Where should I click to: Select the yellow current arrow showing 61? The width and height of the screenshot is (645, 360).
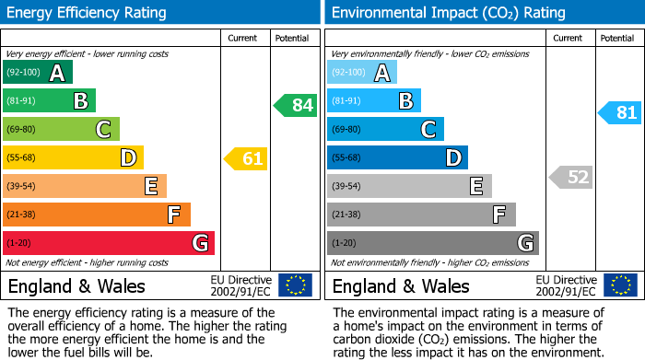(x=247, y=159)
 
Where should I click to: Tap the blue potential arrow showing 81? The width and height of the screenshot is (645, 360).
(x=621, y=113)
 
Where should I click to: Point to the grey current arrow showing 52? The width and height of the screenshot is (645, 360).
(x=571, y=177)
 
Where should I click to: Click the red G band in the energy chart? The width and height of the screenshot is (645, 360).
(x=109, y=243)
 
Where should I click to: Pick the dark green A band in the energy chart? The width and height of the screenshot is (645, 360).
(x=38, y=73)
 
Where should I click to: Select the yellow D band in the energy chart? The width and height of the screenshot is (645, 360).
(x=73, y=158)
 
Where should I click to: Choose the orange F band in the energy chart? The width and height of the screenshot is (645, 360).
(x=97, y=215)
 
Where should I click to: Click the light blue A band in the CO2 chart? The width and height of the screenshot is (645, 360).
(x=362, y=73)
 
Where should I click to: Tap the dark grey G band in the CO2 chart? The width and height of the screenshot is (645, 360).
(x=432, y=243)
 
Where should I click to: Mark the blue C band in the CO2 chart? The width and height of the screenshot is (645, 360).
(x=385, y=129)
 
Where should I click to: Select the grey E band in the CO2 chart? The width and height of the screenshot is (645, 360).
(x=409, y=186)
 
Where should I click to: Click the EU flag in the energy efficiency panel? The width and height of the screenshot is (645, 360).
(x=295, y=285)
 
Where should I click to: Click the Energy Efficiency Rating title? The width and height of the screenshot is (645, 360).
(x=87, y=13)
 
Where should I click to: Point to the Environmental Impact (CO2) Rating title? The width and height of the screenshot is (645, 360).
(x=448, y=13)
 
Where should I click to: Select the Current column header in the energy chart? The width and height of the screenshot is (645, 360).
(x=243, y=38)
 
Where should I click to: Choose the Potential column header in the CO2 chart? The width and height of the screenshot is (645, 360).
(x=616, y=38)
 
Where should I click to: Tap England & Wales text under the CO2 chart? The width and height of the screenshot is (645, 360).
(x=401, y=285)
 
